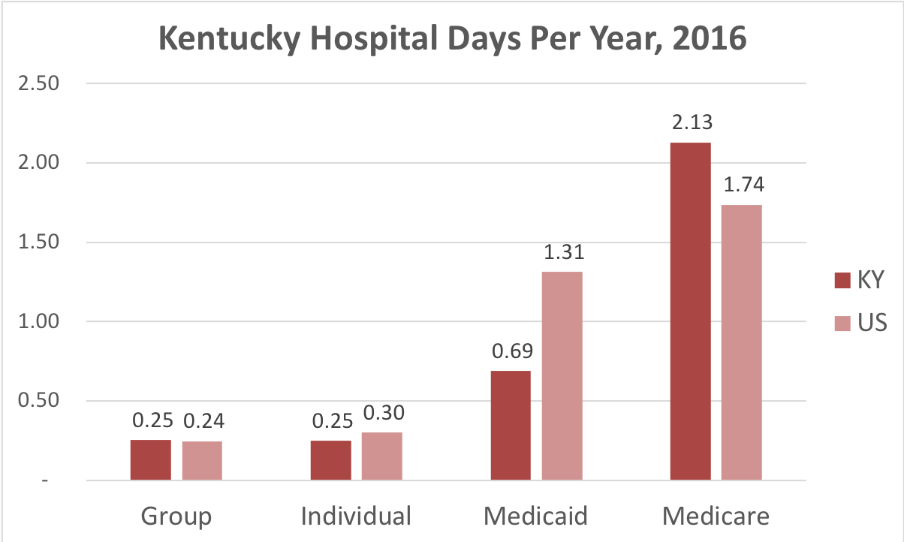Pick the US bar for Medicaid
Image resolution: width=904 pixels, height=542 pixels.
[562, 375]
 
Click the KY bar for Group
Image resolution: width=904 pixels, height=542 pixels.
[150, 459]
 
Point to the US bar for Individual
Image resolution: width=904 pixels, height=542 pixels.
[381, 456]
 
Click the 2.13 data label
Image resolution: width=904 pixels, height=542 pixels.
[691, 122]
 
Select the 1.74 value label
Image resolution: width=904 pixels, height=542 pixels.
[742, 185]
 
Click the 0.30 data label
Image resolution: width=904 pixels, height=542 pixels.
[382, 412]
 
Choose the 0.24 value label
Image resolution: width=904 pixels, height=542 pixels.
[202, 420]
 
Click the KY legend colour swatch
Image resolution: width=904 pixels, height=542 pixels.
[842, 281]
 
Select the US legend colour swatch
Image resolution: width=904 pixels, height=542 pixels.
[842, 323]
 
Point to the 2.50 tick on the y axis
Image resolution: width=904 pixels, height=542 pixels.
[38, 83]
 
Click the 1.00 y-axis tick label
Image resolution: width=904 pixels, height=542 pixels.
[38, 321]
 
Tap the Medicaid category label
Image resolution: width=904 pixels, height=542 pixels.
[535, 516]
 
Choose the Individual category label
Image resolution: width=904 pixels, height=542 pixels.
[356, 516]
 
